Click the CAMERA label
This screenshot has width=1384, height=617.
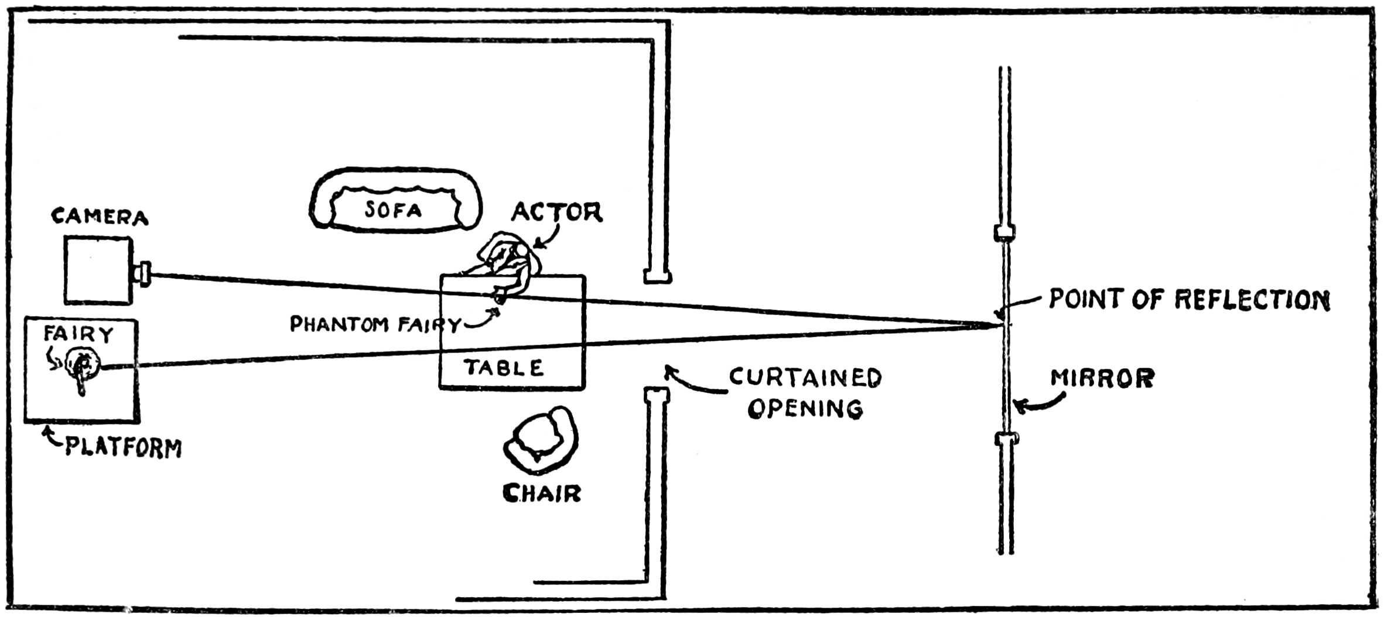tap(100, 217)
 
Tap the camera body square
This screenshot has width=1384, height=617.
tap(98, 270)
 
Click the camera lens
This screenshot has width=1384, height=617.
tap(143, 273)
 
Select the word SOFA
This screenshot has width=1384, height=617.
tap(393, 210)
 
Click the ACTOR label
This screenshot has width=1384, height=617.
tap(556, 212)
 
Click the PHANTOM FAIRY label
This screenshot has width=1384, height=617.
tap(375, 324)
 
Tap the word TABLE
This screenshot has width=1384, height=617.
tap(504, 368)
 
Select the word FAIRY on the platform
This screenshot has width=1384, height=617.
tap(78, 334)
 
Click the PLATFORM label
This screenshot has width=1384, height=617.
tap(123, 448)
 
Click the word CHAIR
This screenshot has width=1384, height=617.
tap(542, 494)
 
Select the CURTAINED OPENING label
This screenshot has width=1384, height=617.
tap(805, 393)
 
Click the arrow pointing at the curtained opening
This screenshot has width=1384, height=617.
tap(691, 381)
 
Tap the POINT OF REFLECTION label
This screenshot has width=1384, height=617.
tap(1189, 300)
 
